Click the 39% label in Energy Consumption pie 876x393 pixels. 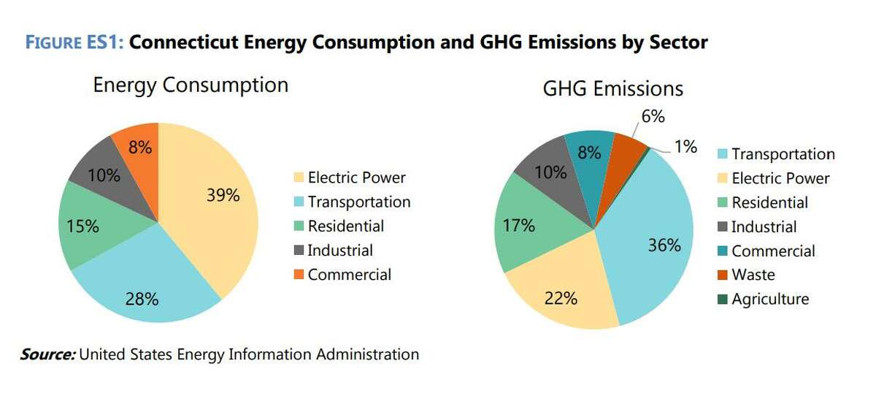click(222, 195)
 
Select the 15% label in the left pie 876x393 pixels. click(82, 226)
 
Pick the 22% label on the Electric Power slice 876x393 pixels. click(561, 298)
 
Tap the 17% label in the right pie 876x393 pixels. click(518, 226)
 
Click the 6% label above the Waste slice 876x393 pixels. click(651, 116)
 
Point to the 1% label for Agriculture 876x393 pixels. click(685, 146)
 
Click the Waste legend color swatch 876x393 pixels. click(721, 275)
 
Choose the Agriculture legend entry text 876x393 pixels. click(770, 299)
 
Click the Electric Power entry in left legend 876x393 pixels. click(356, 178)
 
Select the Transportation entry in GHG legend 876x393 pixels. click(783, 154)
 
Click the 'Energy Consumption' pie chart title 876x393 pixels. click(191, 85)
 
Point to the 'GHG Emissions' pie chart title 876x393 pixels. click(612, 88)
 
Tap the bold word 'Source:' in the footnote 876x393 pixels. click(47, 355)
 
